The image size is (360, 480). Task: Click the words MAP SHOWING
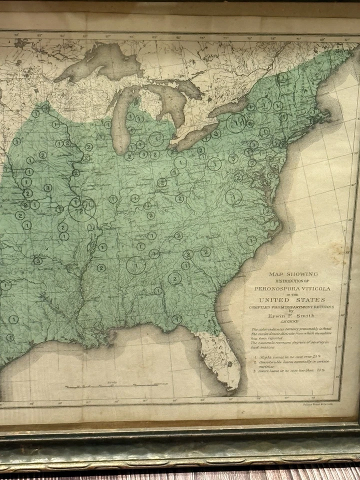point(293,274)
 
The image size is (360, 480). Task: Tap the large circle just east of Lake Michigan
point(156,139)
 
